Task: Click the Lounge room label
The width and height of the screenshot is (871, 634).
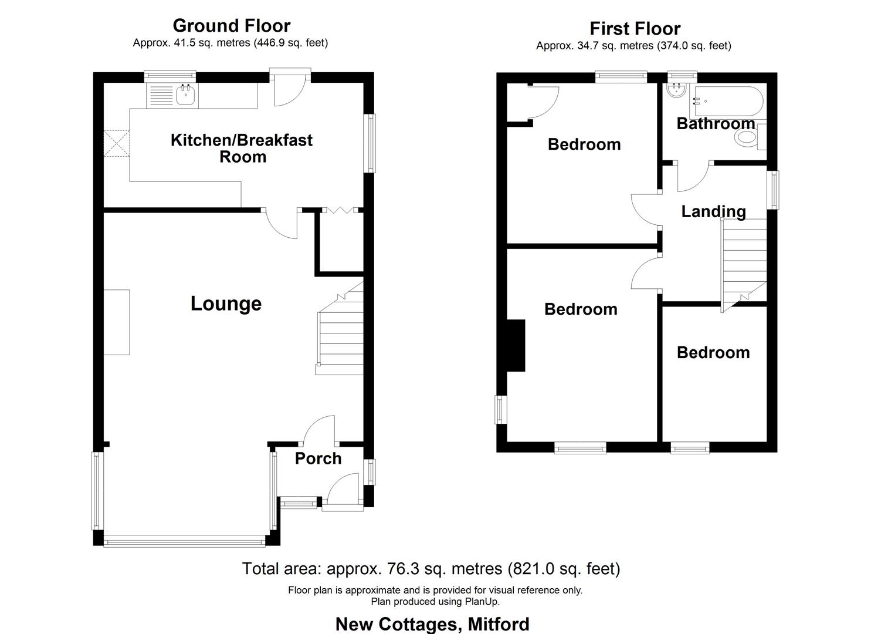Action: pyautogui.click(x=226, y=304)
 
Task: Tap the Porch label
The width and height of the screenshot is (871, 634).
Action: pyautogui.click(x=318, y=458)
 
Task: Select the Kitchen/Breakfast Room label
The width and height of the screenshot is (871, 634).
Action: pyautogui.click(x=242, y=149)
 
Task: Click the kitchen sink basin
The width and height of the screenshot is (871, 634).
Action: pyautogui.click(x=185, y=95)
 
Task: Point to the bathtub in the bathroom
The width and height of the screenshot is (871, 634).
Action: pyautogui.click(x=728, y=102)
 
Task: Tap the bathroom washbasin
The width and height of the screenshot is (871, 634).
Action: pyautogui.click(x=676, y=90)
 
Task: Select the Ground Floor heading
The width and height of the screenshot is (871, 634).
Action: pyautogui.click(x=231, y=26)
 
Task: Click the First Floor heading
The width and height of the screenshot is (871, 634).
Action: pyautogui.click(x=635, y=28)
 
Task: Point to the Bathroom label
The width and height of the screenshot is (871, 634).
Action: pyautogui.click(x=716, y=123)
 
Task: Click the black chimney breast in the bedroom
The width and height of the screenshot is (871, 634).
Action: pyautogui.click(x=516, y=345)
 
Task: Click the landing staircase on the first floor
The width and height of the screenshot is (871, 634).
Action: pyautogui.click(x=744, y=265)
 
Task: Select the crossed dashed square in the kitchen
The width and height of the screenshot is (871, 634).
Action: pyautogui.click(x=117, y=144)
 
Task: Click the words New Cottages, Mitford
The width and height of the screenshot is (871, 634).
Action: pyautogui.click(x=432, y=624)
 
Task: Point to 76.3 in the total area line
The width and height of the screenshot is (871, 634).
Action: pyautogui.click(x=403, y=569)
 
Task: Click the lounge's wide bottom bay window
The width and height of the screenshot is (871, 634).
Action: pyautogui.click(x=184, y=541)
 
